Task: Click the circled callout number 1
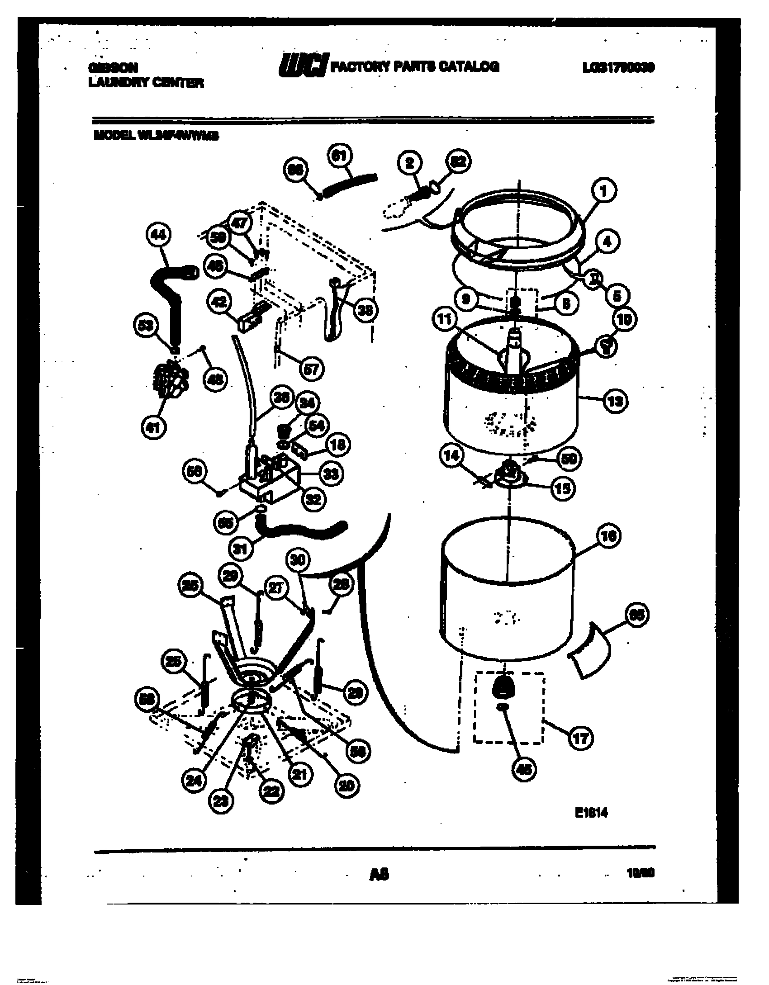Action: (603, 191)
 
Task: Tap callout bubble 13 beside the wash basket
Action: (614, 400)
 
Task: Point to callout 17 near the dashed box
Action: (580, 739)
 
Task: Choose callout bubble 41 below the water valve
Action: (154, 426)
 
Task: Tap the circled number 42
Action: (220, 303)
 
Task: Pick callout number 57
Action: (311, 369)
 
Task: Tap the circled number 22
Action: (272, 791)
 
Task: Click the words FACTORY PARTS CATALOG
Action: (415, 67)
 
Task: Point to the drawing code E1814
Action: (591, 813)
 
